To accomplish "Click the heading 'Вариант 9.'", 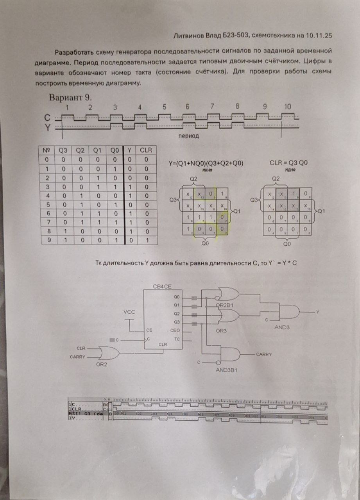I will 70,96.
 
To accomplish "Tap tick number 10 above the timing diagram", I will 287,106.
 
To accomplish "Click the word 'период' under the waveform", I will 188,136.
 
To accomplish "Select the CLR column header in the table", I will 145,150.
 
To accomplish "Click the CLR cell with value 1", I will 145,240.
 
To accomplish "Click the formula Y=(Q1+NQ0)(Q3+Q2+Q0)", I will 206,163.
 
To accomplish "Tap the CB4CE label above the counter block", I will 162,287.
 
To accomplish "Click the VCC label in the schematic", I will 129,313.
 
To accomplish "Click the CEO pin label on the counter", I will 174,330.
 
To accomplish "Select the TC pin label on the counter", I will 177,339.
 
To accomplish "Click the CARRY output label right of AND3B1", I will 263,354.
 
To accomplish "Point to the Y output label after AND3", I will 317,312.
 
